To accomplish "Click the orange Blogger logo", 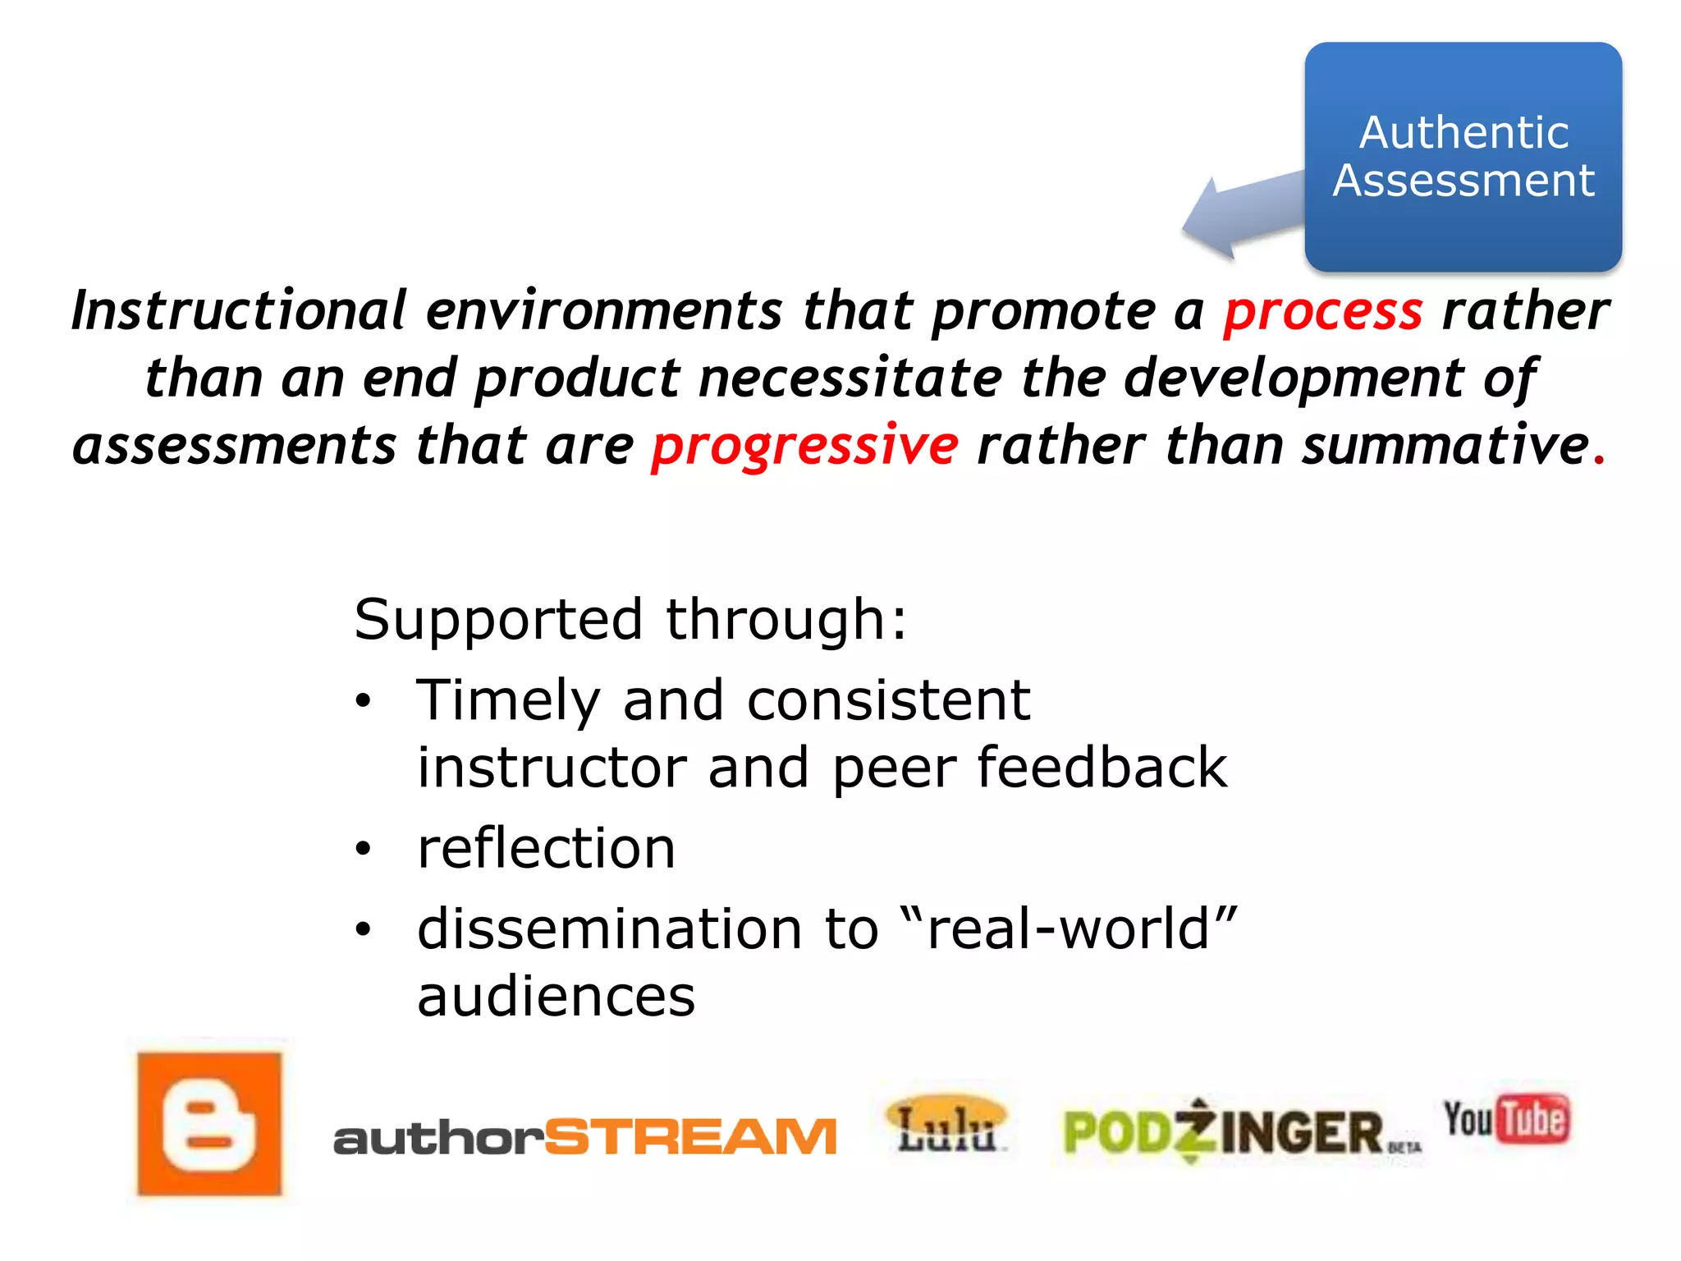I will point(209,1124).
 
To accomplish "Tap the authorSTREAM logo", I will point(584,1137).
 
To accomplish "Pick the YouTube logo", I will point(1507,1119).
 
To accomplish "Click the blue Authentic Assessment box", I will point(1463,157).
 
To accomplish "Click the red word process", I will point(1323,312).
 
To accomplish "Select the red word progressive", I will point(804,446).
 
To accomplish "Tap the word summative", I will point(1445,445).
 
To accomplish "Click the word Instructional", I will point(239,310).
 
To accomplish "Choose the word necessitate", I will point(850,378).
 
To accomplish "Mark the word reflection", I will point(546,848).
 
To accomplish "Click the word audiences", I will point(556,997).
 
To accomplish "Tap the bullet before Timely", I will point(364,702).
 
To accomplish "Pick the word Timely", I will point(508,701).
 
